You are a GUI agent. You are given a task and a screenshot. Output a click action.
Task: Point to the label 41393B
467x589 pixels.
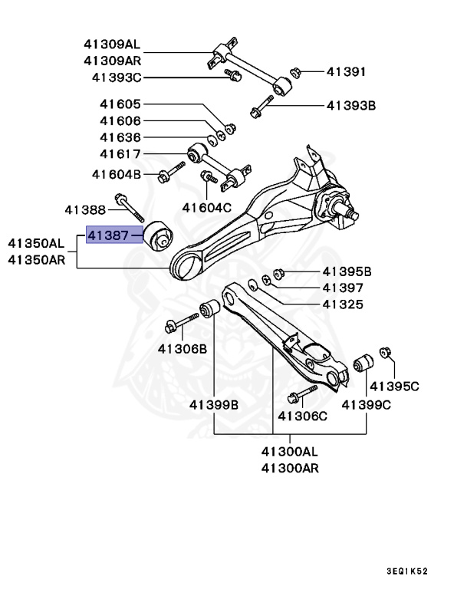[350, 106]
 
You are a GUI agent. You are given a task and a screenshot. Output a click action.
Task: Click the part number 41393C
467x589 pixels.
[117, 77]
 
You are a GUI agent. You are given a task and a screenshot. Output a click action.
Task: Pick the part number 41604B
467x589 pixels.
[117, 174]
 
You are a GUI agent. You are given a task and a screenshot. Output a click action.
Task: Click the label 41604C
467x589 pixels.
[206, 207]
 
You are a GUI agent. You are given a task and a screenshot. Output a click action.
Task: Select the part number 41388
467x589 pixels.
[84, 208]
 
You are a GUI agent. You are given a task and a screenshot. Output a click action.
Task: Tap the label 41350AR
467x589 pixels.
[37, 259]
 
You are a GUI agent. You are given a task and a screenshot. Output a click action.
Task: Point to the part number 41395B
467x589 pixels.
[347, 271]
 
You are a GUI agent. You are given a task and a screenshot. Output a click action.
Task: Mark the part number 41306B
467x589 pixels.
[183, 348]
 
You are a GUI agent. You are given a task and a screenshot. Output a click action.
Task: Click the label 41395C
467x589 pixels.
[395, 386]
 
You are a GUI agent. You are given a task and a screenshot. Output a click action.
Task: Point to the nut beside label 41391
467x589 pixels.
[295, 73]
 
